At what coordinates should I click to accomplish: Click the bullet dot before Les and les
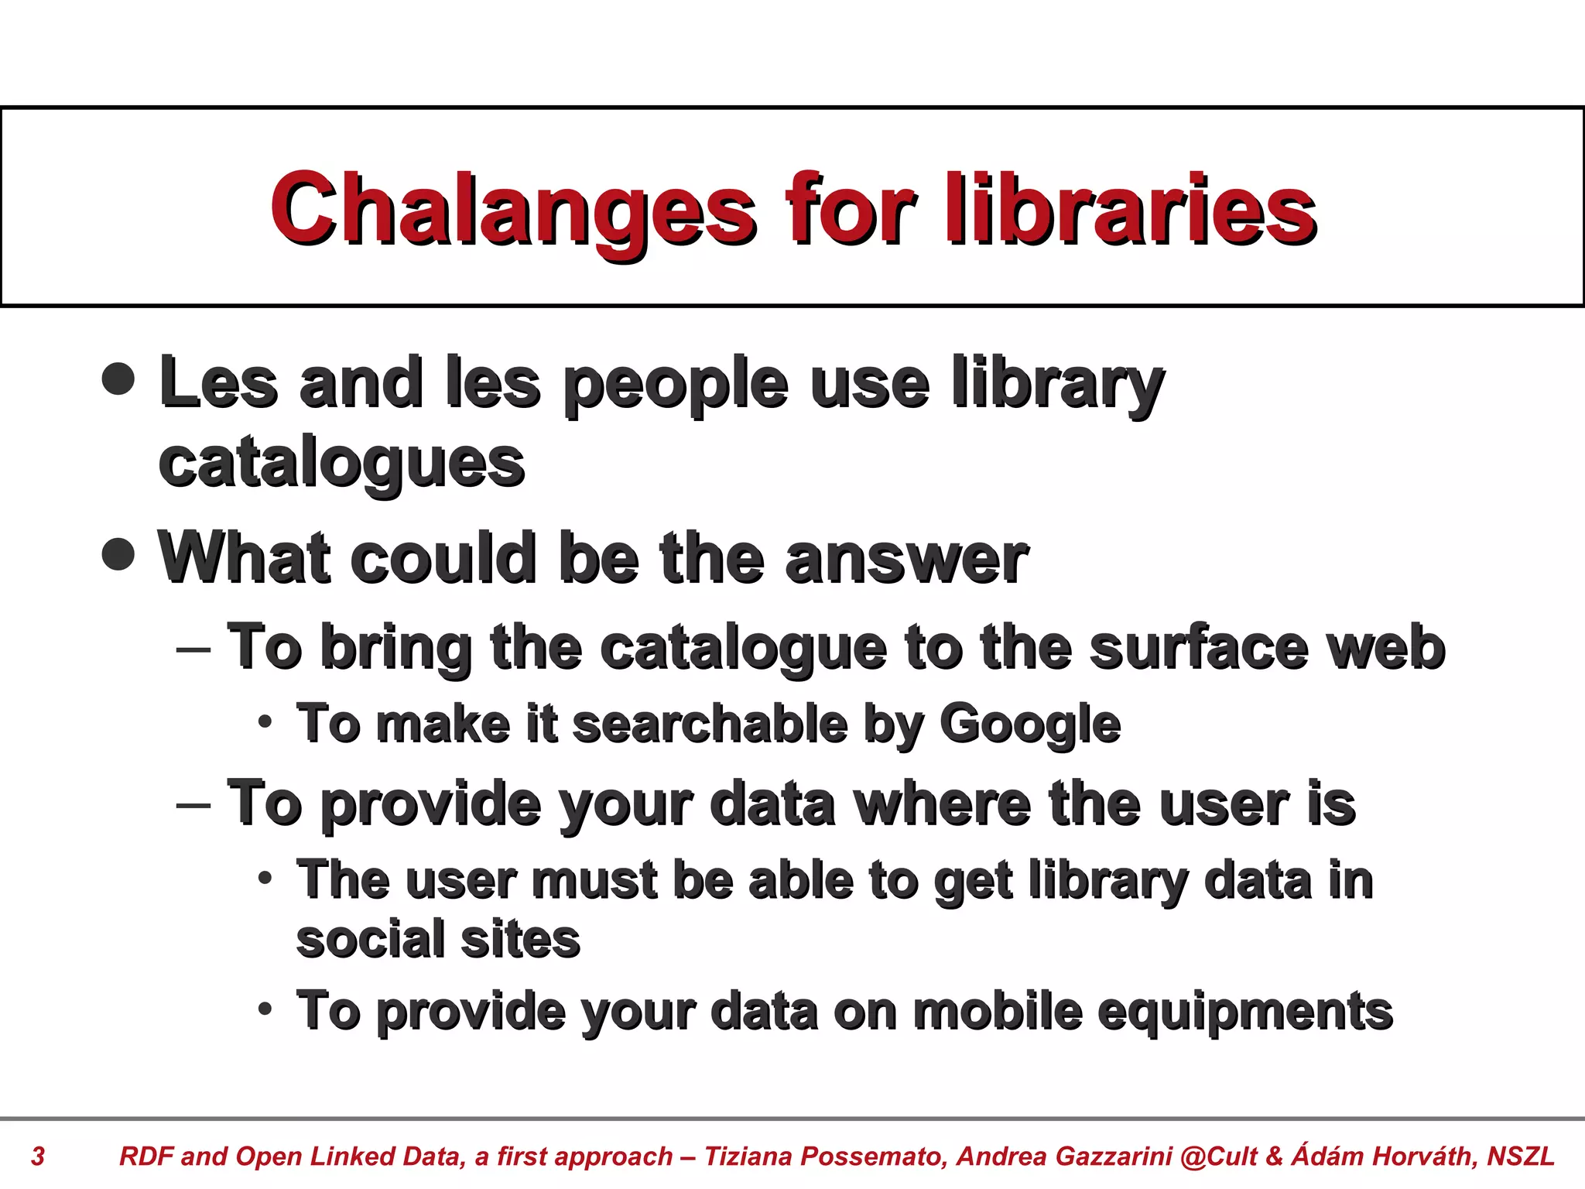tap(118, 379)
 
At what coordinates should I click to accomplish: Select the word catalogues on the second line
tap(341, 464)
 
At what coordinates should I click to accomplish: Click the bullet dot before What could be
tap(118, 553)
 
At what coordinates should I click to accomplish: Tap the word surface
tap(1199, 648)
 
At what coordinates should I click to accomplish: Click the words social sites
tap(438, 940)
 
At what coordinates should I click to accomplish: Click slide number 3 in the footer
tap(37, 1156)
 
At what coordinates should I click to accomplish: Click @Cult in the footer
tap(1219, 1156)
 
